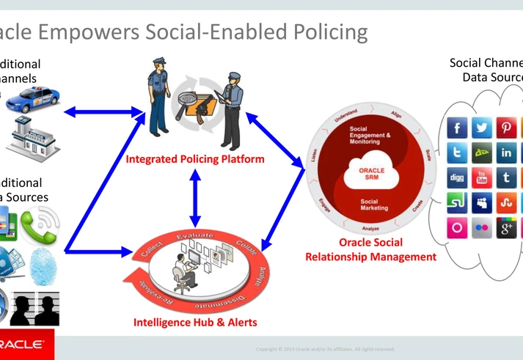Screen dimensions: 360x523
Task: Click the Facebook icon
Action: pyautogui.click(x=457, y=128)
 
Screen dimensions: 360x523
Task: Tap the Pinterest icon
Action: pyautogui.click(x=506, y=128)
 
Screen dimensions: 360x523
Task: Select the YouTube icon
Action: pyautogui.click(x=482, y=177)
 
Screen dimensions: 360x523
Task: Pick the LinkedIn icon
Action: pyautogui.click(x=506, y=153)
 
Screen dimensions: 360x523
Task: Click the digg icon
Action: pyautogui.click(x=457, y=177)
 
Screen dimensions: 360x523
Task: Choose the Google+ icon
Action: pyautogui.click(x=506, y=227)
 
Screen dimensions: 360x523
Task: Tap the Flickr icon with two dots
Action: pyautogui.click(x=482, y=227)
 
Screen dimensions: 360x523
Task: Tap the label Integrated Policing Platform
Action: pyautogui.click(x=195, y=158)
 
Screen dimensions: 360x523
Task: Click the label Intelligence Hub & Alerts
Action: pyautogui.click(x=195, y=322)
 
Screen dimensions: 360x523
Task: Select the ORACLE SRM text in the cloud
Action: pyautogui.click(x=371, y=174)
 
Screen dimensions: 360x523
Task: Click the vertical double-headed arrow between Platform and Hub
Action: pyautogui.click(x=195, y=196)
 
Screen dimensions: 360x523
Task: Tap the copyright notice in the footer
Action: pyautogui.click(x=325, y=349)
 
